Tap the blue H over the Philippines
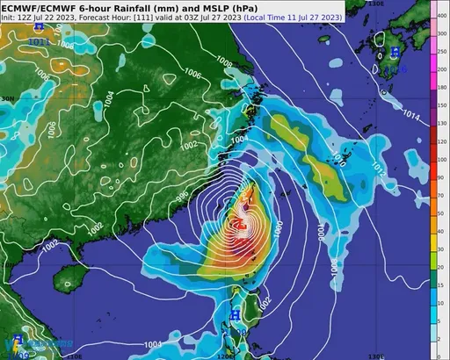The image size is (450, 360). (235, 313)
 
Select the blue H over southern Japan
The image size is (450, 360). (394, 55)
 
